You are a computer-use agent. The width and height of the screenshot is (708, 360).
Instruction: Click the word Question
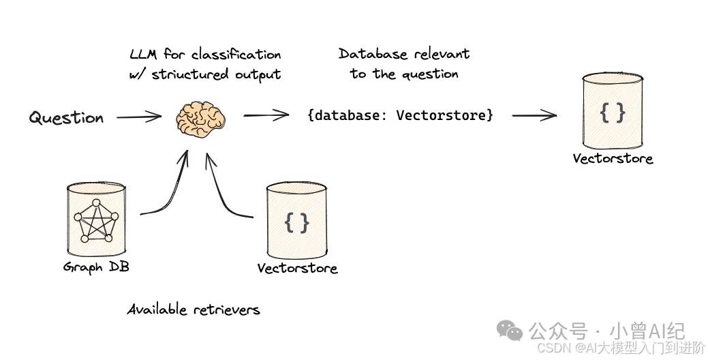click(x=66, y=118)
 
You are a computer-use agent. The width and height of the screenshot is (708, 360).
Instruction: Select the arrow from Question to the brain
click(x=139, y=117)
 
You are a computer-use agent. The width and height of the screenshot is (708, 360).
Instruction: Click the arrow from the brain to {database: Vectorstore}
click(x=266, y=115)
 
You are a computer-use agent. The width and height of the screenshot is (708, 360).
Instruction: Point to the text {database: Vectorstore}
click(x=400, y=115)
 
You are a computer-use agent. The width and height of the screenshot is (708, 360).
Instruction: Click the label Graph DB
click(x=96, y=267)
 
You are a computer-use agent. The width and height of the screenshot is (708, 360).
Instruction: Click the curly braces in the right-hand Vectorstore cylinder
click(x=612, y=112)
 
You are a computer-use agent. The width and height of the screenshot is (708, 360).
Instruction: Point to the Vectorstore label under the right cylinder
click(x=613, y=159)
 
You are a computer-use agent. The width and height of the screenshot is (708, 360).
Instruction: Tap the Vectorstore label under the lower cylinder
click(x=297, y=268)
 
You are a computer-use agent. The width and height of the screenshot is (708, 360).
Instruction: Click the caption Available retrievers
click(x=194, y=310)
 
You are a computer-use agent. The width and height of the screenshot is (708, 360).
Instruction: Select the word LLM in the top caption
click(x=144, y=55)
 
